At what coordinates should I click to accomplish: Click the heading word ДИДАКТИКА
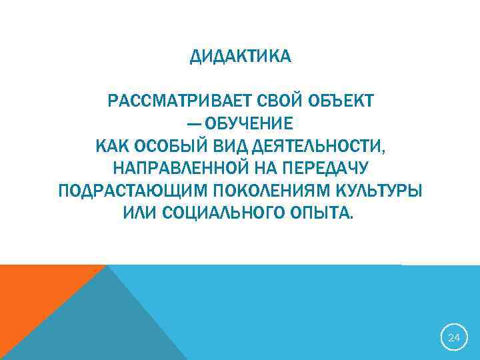pyautogui.click(x=240, y=57)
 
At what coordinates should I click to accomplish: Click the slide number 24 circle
pyautogui.click(x=454, y=338)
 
